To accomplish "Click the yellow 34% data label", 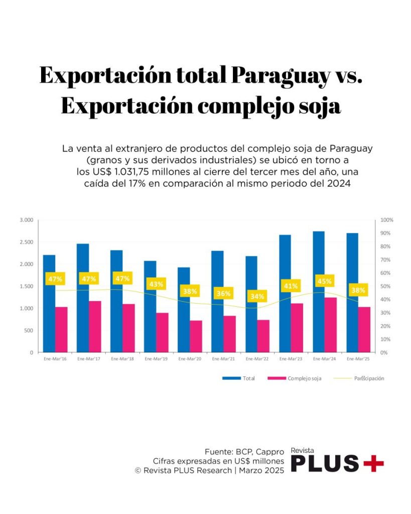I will (x=257, y=296).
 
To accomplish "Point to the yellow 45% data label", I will (x=325, y=281).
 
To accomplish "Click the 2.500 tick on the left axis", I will (x=26, y=242).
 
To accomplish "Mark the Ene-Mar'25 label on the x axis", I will (x=358, y=359).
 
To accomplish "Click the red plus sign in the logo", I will (x=373, y=463).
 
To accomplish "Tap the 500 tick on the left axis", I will (x=29, y=330).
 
